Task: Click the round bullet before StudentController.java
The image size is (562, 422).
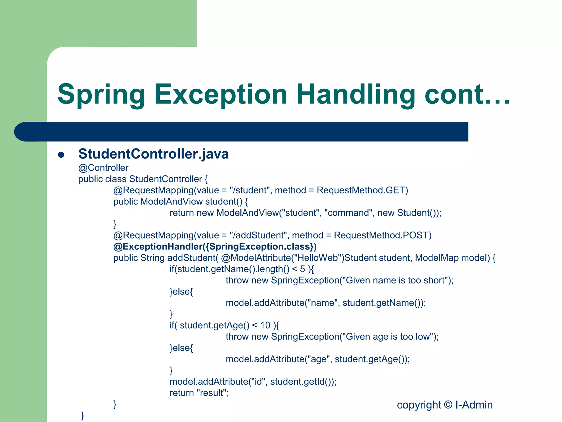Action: (x=61, y=155)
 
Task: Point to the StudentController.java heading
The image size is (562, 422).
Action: (x=153, y=154)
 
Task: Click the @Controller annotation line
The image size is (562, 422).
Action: (x=103, y=168)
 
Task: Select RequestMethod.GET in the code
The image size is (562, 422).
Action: (x=362, y=190)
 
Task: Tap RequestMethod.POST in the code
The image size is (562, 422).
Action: (x=383, y=235)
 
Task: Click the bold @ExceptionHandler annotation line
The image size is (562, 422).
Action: (x=215, y=247)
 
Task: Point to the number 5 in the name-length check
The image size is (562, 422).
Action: (x=302, y=269)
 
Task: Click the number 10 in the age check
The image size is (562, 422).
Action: (x=265, y=326)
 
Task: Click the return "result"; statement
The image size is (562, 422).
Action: (x=199, y=393)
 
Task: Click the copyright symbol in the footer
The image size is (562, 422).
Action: (x=448, y=405)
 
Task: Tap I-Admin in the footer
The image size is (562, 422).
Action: (x=474, y=405)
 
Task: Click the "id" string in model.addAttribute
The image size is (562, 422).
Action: (x=258, y=382)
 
